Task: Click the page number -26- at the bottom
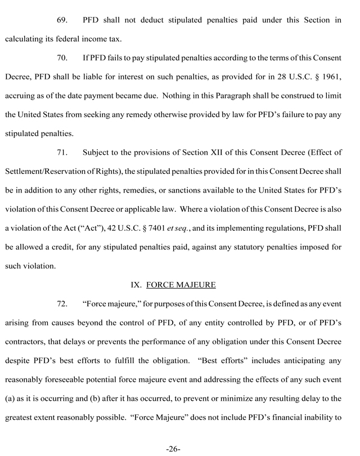tap(173, 448)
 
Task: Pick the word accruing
tap(22, 95)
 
